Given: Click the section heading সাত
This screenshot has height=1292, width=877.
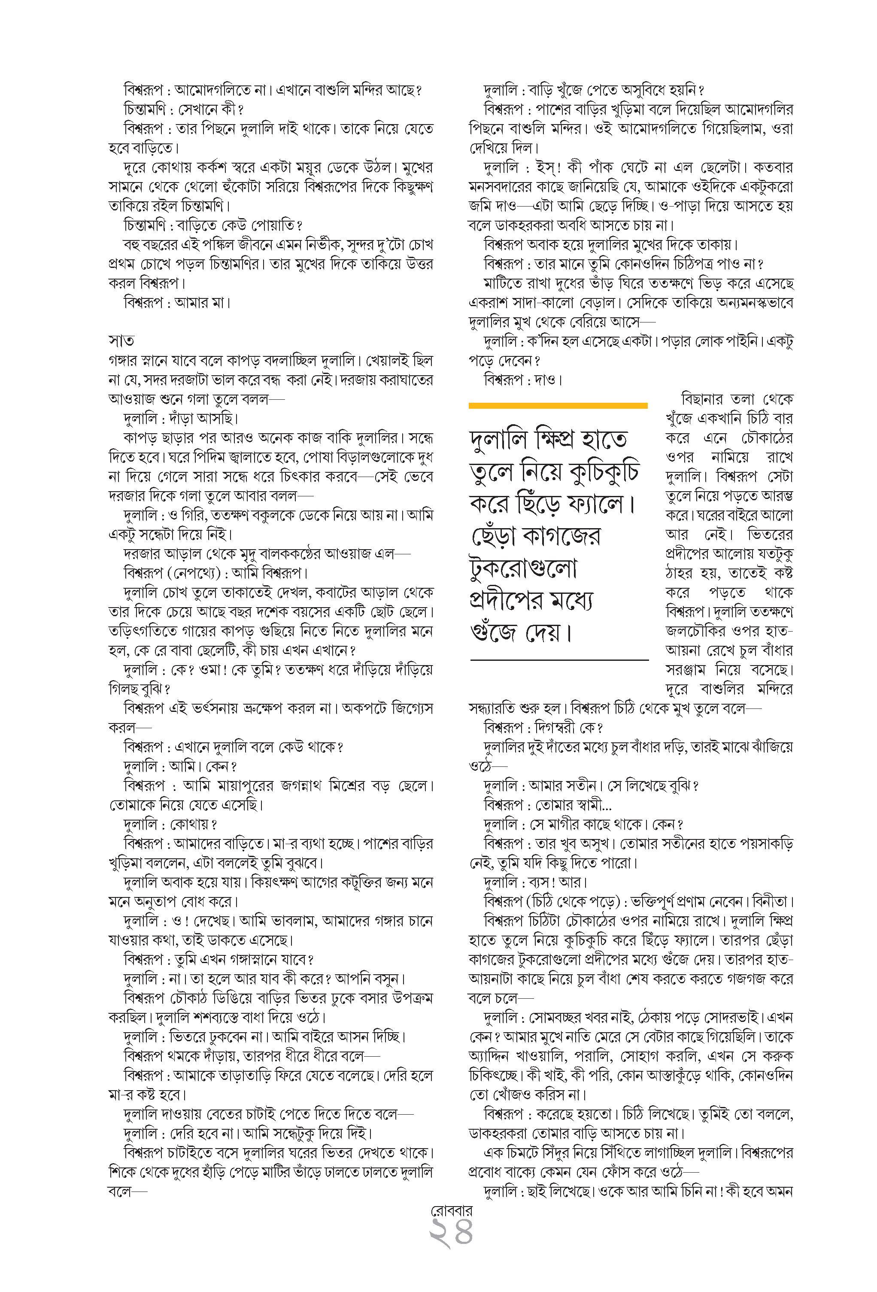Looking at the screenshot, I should [121, 340].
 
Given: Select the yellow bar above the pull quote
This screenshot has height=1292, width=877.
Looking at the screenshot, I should [558, 405].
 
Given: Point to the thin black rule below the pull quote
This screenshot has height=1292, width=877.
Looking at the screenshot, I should [559, 660].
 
